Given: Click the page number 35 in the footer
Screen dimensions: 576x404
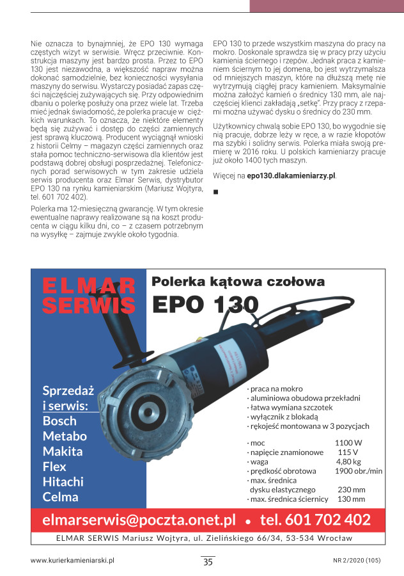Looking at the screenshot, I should coord(208,562).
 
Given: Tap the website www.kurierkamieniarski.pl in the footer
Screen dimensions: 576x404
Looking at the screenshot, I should coord(72,560).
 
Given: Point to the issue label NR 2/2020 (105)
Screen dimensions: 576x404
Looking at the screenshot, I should coord(357,560).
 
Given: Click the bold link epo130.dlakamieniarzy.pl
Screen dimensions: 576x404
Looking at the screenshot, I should coord(291,175).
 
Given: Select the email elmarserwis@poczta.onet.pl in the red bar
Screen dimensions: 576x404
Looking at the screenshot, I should coord(139,519).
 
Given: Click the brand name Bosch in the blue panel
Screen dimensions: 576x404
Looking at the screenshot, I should coord(59,421).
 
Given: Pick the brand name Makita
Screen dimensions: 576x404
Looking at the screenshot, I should coord(63,451).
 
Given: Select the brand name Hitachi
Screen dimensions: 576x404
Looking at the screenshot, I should coord(63,482).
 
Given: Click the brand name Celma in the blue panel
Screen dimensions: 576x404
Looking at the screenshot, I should coord(61,497).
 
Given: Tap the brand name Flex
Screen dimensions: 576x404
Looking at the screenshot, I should coord(54,467).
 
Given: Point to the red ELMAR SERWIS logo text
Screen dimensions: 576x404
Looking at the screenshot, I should coord(89,295).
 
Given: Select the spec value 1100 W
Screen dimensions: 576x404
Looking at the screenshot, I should coord(348,442).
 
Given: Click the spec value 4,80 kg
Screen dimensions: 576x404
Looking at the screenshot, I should coord(348,461).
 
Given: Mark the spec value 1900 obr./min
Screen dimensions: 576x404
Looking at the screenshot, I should coord(358,470).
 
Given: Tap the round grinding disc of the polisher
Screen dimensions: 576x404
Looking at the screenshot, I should coord(137,406).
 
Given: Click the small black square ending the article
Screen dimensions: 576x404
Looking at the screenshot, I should coord(215,191).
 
